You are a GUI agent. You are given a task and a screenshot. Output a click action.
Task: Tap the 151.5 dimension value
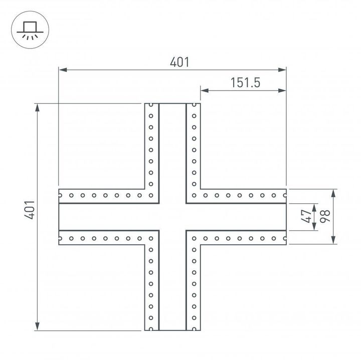click(x=245, y=83)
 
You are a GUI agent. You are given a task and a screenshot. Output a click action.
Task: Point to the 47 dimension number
click(x=305, y=217)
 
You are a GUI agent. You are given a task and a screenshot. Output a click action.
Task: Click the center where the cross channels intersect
click(x=172, y=217)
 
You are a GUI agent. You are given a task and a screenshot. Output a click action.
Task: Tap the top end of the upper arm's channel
click(x=172, y=105)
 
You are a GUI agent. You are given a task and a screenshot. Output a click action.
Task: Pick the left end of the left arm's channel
click(x=60, y=217)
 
